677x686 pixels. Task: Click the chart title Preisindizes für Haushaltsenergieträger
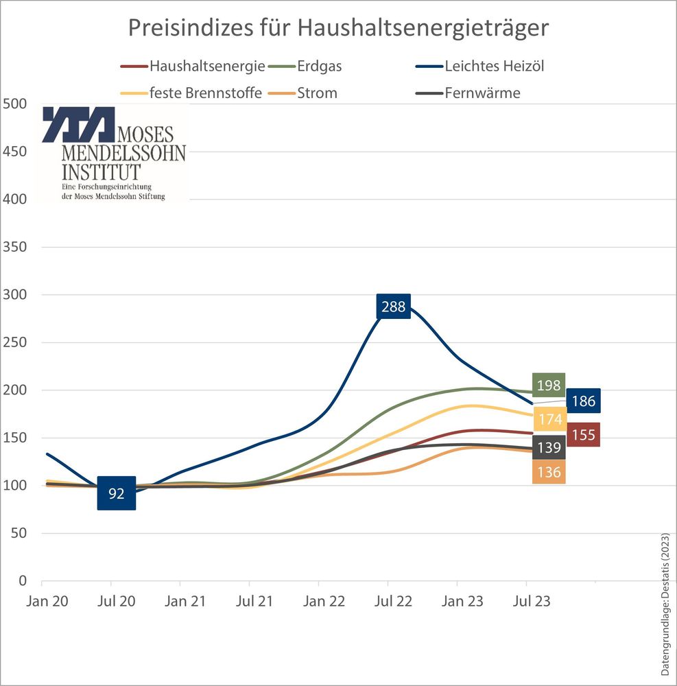click(x=339, y=28)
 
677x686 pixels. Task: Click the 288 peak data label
click(x=394, y=307)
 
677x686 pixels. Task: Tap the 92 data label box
click(x=117, y=493)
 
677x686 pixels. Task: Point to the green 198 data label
click(x=549, y=386)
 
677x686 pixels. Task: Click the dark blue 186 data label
click(x=583, y=401)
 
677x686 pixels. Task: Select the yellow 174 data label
click(x=549, y=418)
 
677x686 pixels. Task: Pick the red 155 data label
click(x=583, y=434)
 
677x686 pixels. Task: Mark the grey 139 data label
click(x=549, y=449)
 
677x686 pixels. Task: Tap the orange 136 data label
click(x=549, y=472)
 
